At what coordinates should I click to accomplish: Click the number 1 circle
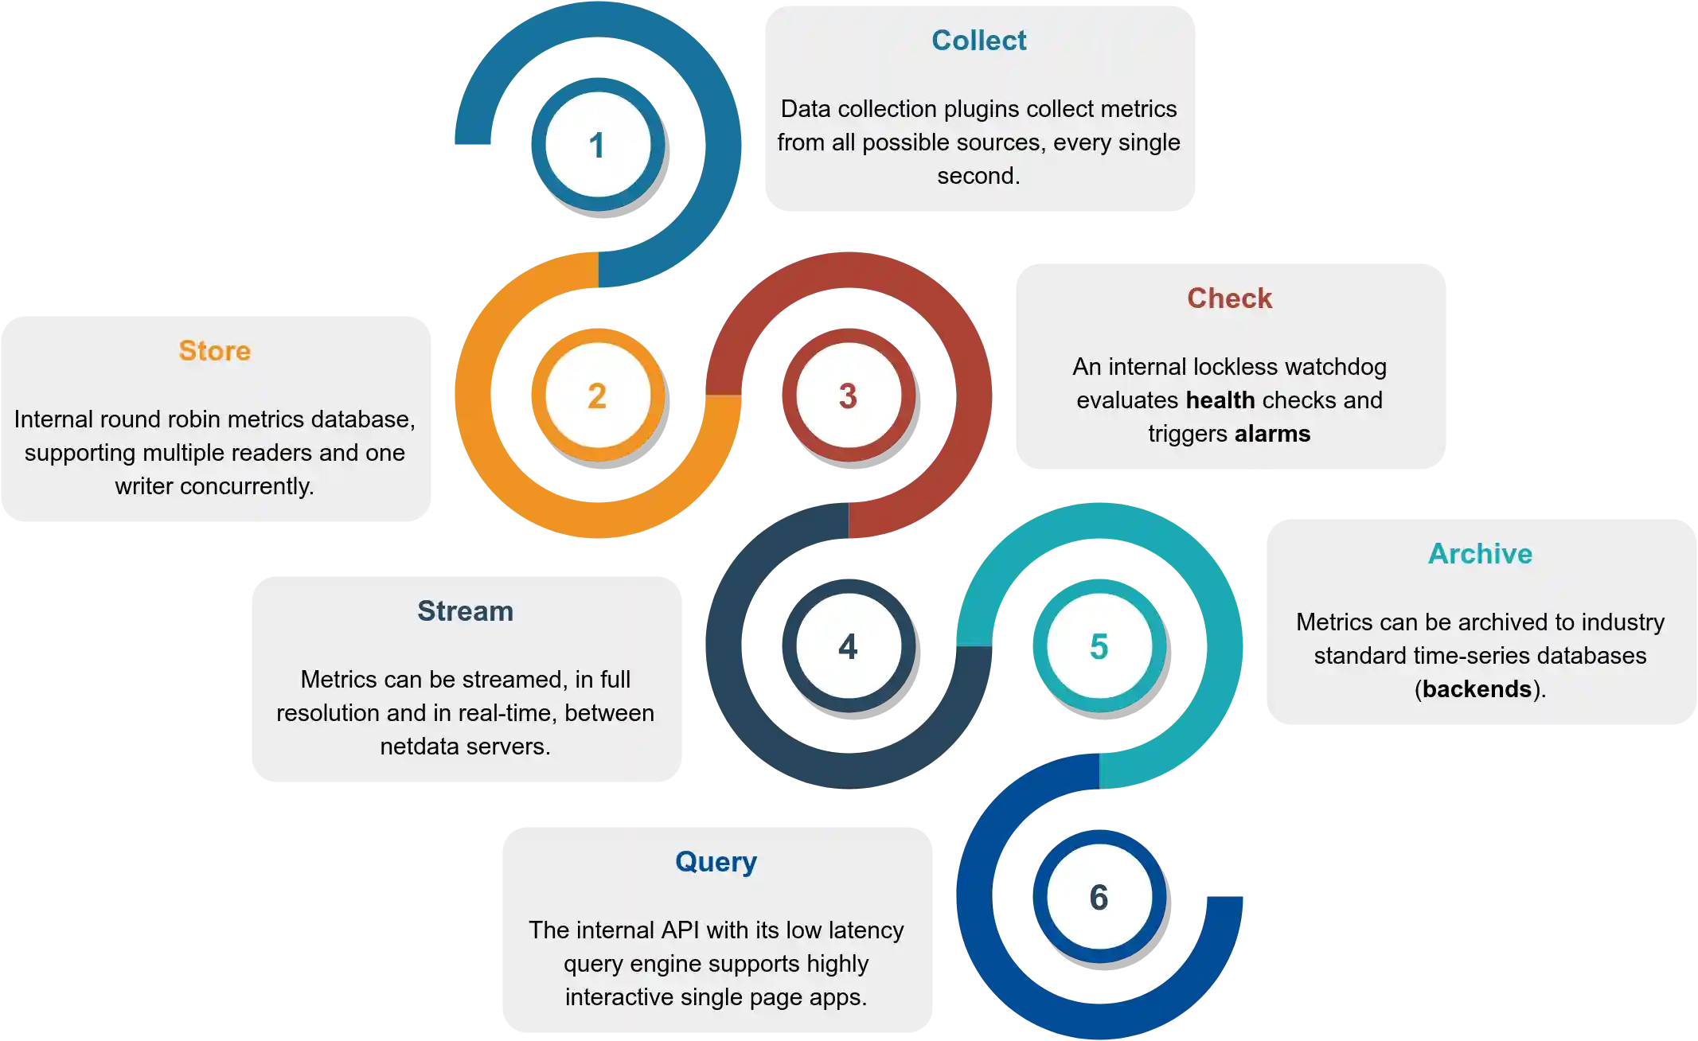click(597, 145)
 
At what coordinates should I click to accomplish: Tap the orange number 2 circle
click(597, 396)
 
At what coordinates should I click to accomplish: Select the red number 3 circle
click(848, 396)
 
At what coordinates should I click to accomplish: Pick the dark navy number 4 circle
click(848, 646)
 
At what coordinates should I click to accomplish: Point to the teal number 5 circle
click(1099, 646)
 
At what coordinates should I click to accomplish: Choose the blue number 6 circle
click(1099, 897)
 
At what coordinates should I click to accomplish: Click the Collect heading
click(978, 41)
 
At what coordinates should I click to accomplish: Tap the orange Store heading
click(214, 351)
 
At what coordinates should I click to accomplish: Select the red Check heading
click(1229, 298)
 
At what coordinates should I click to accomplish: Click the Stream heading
click(465, 611)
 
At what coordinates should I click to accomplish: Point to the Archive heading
click(1480, 554)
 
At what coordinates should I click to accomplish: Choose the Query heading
click(716, 862)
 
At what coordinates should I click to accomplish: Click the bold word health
click(1220, 400)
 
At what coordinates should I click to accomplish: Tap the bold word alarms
click(1272, 434)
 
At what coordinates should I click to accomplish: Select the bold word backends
click(1477, 689)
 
